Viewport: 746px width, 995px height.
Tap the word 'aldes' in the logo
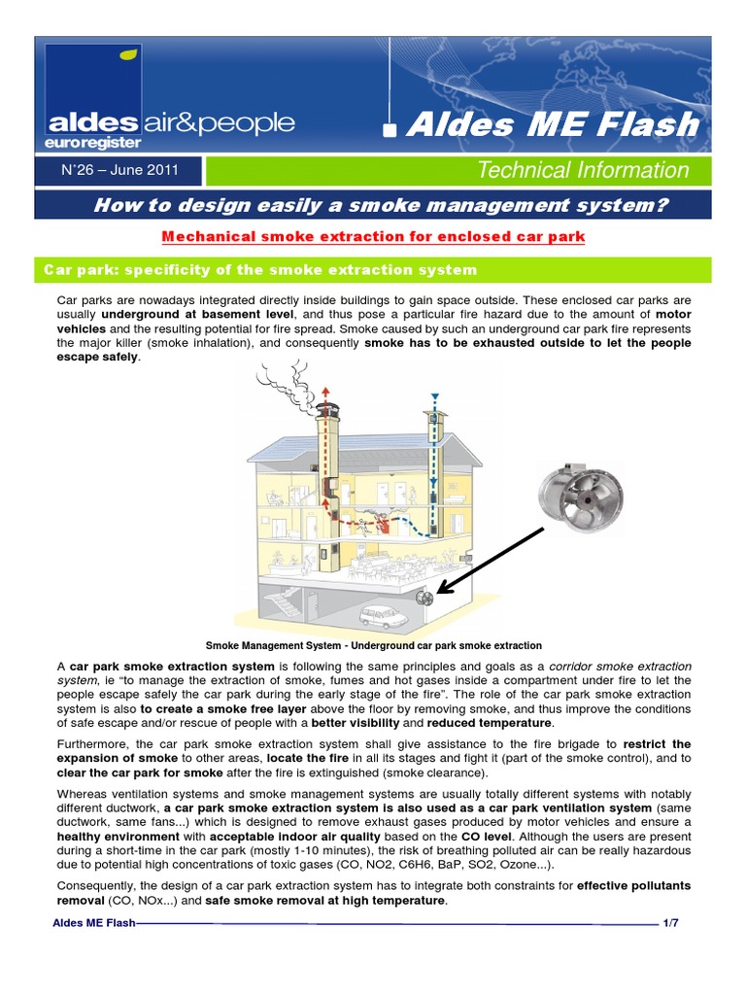tap(92, 122)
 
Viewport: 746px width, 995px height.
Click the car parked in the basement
tap(384, 617)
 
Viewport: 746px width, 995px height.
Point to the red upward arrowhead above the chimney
tap(325, 381)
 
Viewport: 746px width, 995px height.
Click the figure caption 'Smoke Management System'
tap(374, 645)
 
